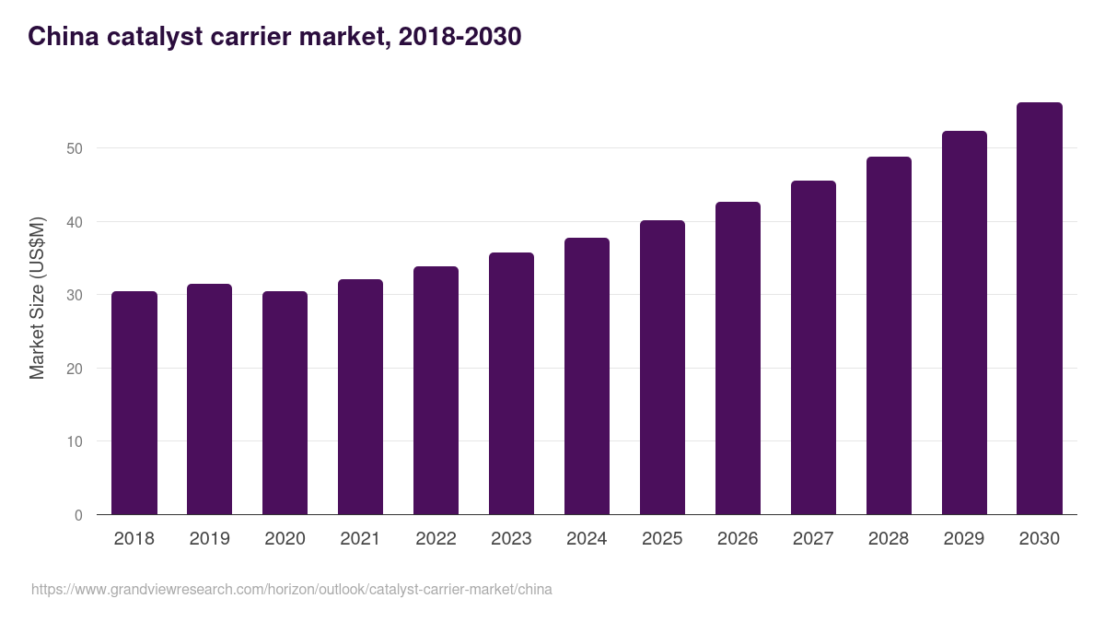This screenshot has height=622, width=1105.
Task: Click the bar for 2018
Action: click(134, 403)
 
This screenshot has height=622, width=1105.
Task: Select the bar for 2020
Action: click(285, 403)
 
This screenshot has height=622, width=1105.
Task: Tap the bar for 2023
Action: click(511, 383)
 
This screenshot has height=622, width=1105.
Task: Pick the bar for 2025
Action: click(662, 368)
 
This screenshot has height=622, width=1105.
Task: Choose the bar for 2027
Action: click(813, 347)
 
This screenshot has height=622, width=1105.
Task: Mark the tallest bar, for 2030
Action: click(1039, 309)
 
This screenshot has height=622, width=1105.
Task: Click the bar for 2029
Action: click(964, 323)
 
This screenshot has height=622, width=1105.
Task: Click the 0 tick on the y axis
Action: click(79, 515)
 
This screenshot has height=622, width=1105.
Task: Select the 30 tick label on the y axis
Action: click(75, 295)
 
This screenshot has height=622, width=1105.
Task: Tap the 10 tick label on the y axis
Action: click(75, 441)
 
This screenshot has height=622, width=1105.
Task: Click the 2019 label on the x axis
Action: click(209, 539)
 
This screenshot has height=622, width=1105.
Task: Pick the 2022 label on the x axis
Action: click(436, 539)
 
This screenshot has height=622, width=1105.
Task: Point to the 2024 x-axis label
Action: click(587, 539)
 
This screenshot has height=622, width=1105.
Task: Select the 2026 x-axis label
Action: click(738, 539)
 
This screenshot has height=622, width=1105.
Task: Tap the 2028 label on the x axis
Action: click(889, 539)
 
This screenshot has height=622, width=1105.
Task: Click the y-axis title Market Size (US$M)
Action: click(37, 297)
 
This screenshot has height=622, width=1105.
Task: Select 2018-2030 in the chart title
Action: click(459, 37)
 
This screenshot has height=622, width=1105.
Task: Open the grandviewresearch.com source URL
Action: click(292, 589)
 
